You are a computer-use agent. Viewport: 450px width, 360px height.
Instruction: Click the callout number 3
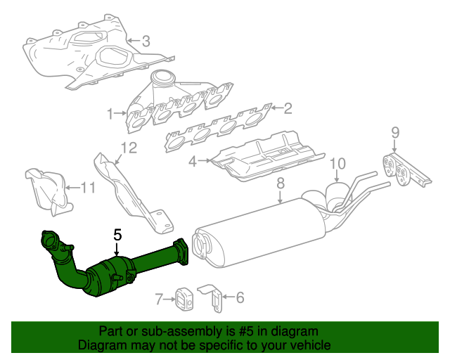click(x=146, y=41)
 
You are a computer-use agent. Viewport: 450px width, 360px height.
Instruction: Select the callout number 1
click(x=110, y=113)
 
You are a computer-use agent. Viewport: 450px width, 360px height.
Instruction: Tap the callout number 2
click(x=287, y=108)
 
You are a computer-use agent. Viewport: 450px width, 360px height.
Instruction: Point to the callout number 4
click(x=193, y=162)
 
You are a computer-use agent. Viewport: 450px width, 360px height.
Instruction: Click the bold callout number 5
click(x=117, y=236)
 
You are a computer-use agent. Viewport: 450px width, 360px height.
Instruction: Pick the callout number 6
click(x=240, y=298)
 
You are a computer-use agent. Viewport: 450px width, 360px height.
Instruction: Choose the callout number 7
click(x=160, y=300)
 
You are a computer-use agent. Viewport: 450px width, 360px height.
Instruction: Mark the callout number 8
click(x=279, y=184)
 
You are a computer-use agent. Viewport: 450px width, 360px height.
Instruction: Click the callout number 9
click(x=394, y=131)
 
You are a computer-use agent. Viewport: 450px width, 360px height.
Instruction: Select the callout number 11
click(x=86, y=187)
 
